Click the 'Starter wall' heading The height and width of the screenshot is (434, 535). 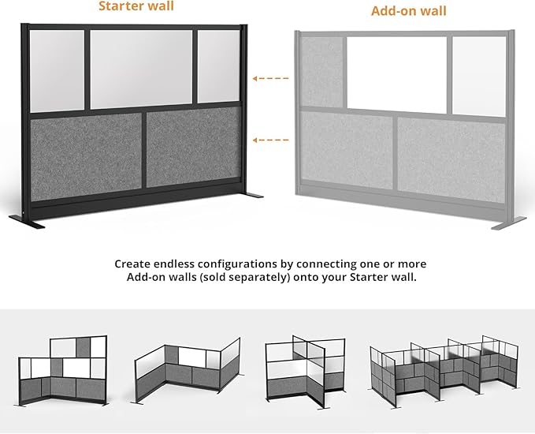[136, 7]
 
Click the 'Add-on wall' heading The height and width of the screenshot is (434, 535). [408, 11]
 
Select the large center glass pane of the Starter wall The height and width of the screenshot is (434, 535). [141, 69]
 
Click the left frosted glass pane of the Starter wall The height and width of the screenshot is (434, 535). [58, 71]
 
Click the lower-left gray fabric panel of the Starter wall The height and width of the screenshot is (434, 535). [86, 152]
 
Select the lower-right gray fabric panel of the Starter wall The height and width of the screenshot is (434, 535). [193, 148]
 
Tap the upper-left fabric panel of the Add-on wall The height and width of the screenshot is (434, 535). [321, 71]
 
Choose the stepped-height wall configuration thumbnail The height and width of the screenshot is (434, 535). [64, 371]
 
